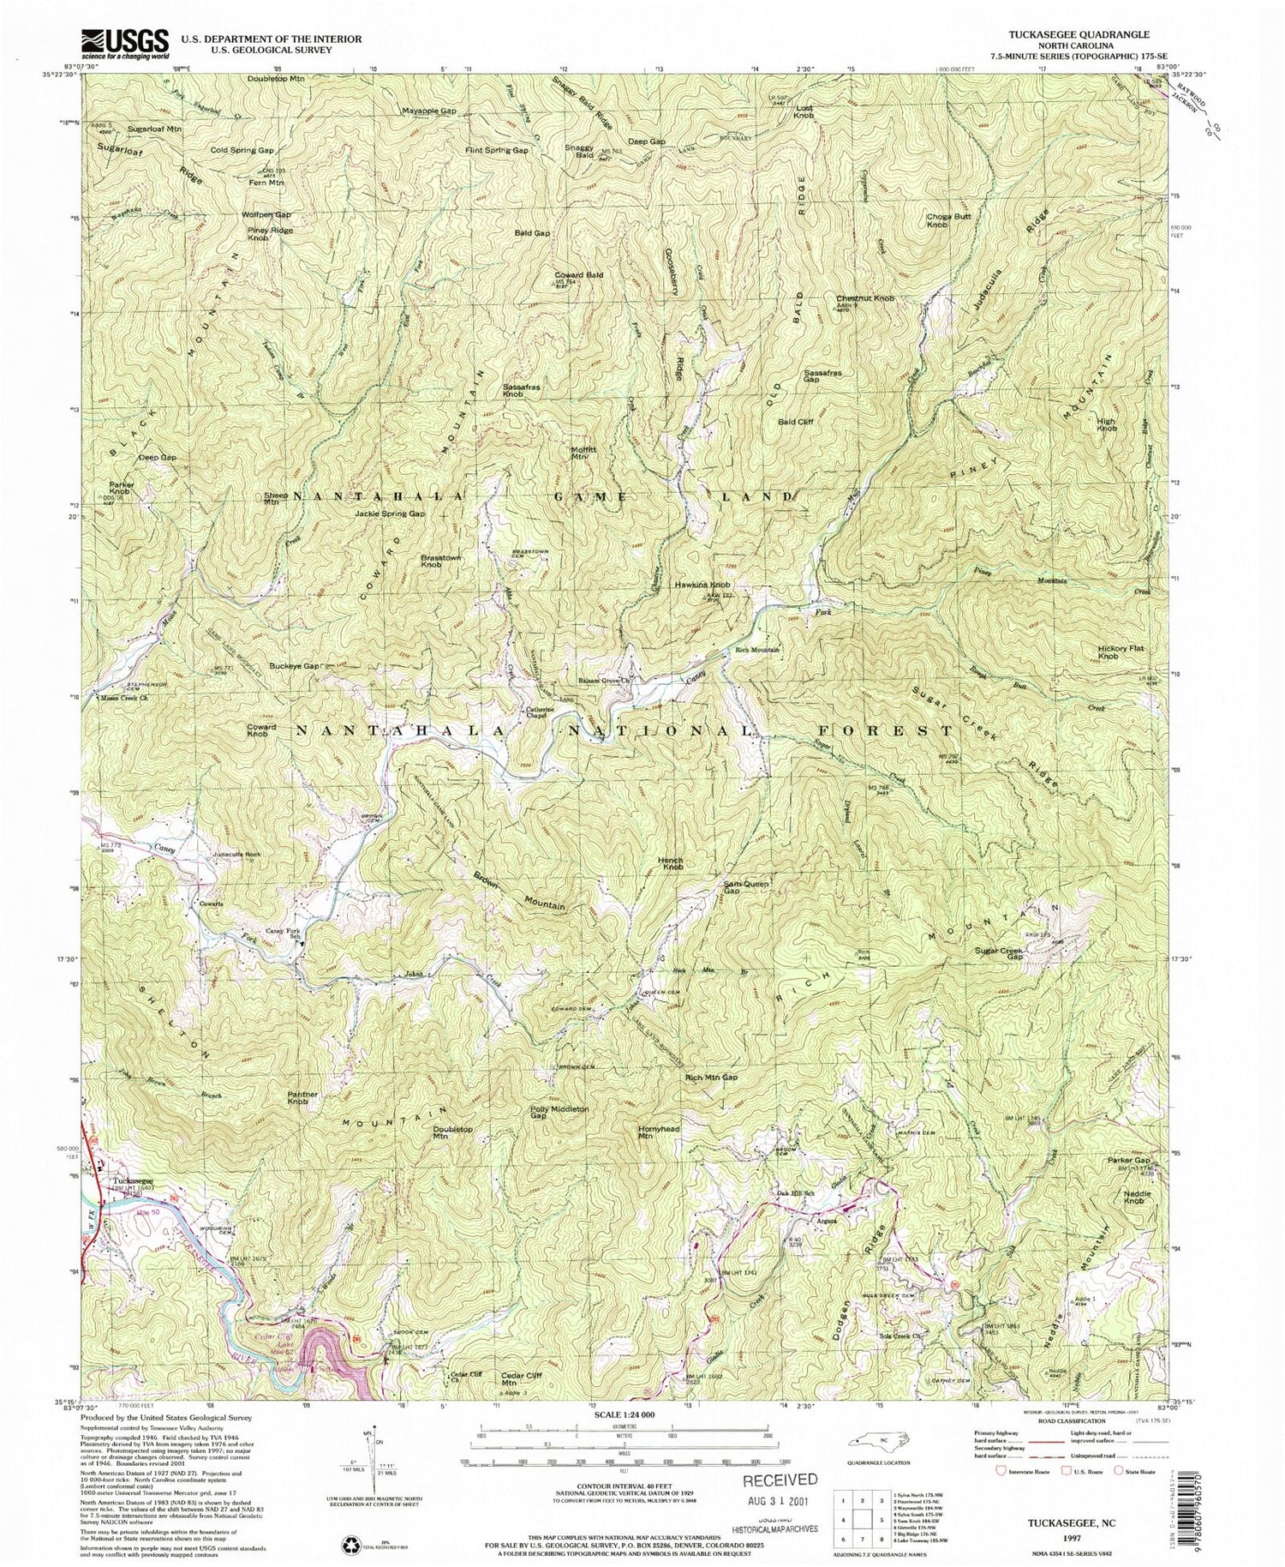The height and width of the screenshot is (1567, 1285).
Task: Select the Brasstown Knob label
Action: tap(442, 562)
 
